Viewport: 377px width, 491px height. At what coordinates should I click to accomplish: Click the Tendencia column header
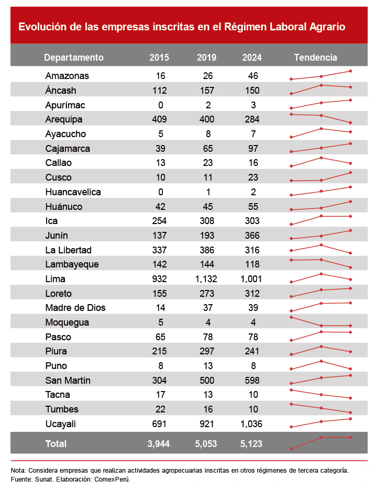pos(316,58)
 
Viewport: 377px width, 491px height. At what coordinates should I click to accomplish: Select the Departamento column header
pos(74,58)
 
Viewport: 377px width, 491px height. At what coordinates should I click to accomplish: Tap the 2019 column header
pos(207,58)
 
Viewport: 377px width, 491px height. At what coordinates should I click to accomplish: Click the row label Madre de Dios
pos(75,308)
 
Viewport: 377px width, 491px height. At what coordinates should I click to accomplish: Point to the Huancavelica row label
pos(73,192)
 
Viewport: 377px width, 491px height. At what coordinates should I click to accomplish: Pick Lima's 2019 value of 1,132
pos(206,278)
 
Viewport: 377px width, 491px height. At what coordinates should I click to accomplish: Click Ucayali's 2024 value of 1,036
pos(252,423)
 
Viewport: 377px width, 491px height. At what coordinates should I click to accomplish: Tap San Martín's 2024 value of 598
pos(252,380)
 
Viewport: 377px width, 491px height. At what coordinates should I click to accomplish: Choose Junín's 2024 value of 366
pos(252,235)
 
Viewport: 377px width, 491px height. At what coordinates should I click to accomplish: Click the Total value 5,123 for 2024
pos(251,444)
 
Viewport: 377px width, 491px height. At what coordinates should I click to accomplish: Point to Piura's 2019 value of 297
pos(207,351)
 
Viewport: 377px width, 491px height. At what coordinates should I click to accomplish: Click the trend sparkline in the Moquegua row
pos(320,322)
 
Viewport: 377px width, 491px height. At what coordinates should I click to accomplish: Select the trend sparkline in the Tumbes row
pos(320,408)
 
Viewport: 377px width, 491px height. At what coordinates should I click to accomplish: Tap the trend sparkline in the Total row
pos(320,442)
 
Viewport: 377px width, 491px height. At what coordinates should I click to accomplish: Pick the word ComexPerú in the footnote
pos(113,479)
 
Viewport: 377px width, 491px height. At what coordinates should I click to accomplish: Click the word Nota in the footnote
pos(18,471)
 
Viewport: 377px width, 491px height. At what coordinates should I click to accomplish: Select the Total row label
pos(56,444)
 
